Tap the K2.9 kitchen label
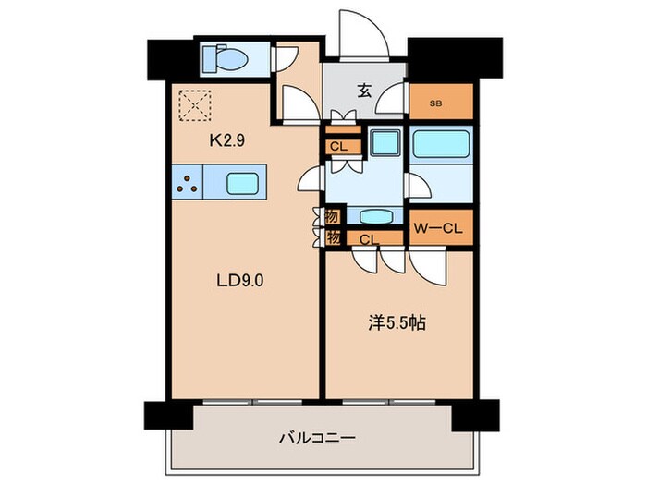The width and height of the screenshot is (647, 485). pos(227,141)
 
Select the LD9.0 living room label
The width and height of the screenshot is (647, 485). pos(240,281)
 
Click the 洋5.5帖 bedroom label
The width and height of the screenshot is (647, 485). pos(397,323)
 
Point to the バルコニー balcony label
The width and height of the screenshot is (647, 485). pos(317,438)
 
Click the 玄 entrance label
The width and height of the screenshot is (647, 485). pos(364,91)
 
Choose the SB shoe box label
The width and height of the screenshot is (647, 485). pos(435,103)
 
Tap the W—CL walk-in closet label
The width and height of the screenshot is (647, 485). pos(438,228)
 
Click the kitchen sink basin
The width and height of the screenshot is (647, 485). pos(242,184)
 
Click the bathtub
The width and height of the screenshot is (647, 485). pos(441,142)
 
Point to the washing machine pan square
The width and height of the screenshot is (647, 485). pos(385,142)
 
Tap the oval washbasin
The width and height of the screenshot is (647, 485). pos(375,217)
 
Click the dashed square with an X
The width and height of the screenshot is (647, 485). pos(195,106)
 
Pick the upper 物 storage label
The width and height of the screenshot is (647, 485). pos(333,216)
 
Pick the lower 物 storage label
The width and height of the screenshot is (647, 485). pos(333,238)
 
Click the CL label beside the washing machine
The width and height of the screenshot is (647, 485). pos(339,146)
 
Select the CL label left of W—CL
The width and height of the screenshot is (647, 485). pos(370,239)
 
